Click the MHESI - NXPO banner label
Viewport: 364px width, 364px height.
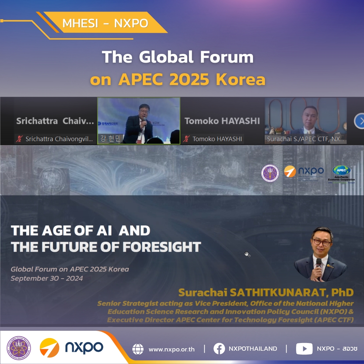coord(105,23)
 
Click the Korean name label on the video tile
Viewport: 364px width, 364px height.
coord(110,139)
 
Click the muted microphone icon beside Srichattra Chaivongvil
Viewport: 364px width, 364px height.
coord(19,139)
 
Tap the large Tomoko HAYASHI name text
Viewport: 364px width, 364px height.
coord(222,121)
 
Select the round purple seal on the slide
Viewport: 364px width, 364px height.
coord(270,173)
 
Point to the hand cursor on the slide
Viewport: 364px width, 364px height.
coord(247,254)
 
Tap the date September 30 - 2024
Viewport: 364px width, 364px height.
coord(47,279)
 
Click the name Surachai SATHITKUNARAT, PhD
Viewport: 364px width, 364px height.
coord(266,292)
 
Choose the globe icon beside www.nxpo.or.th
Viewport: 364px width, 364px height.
coord(138,349)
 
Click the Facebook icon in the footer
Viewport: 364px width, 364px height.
coord(219,349)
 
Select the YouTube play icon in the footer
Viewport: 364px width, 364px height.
coord(304,349)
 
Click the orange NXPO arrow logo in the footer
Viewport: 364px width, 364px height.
coord(49,348)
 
